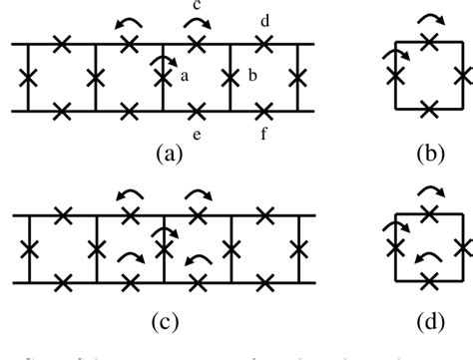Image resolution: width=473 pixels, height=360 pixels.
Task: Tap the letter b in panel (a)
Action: [253, 76]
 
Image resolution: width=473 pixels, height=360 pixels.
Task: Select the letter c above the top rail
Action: [196, 7]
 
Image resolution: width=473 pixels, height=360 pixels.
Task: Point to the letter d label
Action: [263, 20]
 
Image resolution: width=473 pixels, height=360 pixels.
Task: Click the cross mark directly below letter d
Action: [263, 43]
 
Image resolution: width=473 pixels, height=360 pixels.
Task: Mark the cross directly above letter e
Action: [197, 109]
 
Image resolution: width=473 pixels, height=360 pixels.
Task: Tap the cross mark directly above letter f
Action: [263, 109]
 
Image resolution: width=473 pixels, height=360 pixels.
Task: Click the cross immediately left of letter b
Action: [231, 76]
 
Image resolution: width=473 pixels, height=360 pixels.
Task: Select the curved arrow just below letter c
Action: [196, 25]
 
